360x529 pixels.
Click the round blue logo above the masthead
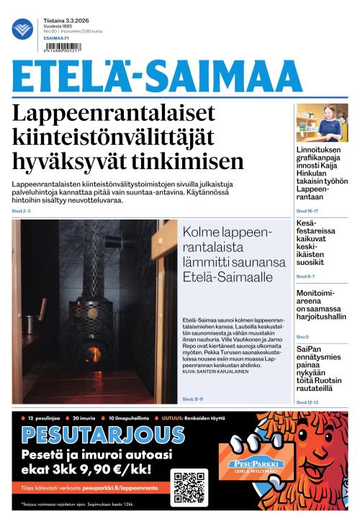coord(23,30)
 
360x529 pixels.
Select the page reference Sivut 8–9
coord(192,398)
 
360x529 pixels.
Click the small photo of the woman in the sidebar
coord(322,122)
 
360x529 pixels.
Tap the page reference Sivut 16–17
coord(307,211)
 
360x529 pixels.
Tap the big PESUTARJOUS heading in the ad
coord(103,435)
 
